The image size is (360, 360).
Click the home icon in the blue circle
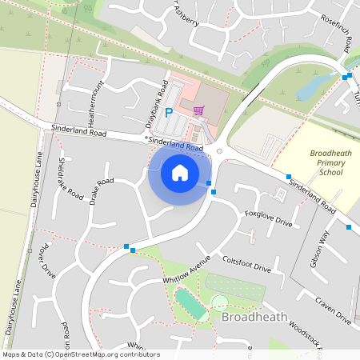point(180,172)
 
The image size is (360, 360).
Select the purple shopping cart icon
point(198,110)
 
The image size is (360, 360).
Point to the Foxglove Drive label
point(269,219)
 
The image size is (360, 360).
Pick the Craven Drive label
point(333,308)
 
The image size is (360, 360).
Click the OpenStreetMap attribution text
point(80,354)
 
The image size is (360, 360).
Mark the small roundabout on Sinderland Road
point(219,150)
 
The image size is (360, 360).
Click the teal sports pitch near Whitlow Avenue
point(190,303)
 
